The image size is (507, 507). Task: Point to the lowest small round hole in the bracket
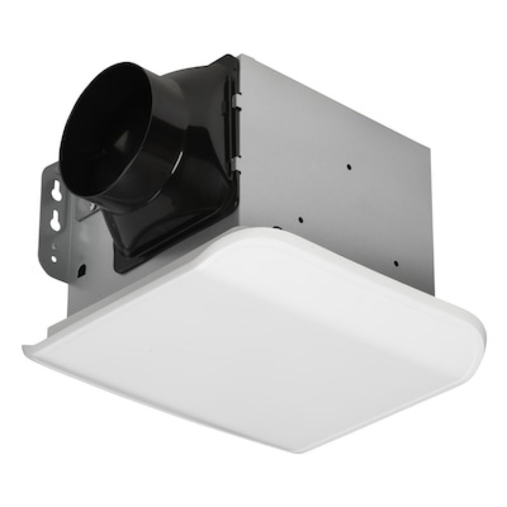pos(54,259)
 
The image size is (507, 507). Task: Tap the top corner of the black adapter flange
pos(225,57)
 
